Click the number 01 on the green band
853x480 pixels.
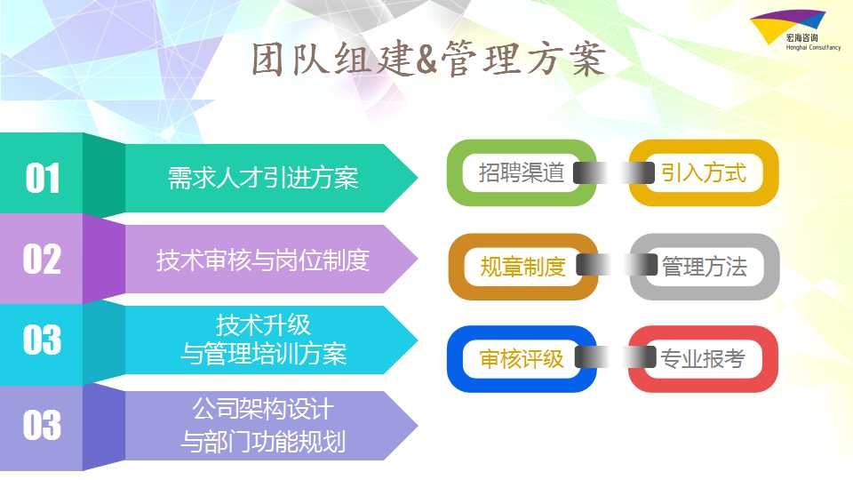(x=43, y=178)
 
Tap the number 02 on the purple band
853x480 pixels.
(x=42, y=259)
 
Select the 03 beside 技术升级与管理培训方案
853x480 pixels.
(x=42, y=340)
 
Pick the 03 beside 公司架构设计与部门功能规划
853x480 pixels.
(x=42, y=425)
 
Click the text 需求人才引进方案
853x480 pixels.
(x=263, y=178)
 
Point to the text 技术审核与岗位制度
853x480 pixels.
(x=263, y=260)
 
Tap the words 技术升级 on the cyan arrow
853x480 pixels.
(x=263, y=325)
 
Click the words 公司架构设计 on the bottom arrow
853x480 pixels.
(x=263, y=409)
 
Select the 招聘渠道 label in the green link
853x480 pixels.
(x=522, y=173)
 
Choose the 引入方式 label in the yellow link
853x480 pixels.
(x=704, y=173)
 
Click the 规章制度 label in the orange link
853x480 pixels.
(x=522, y=267)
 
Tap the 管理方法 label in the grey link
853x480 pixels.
(x=705, y=267)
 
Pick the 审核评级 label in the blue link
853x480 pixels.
(x=522, y=358)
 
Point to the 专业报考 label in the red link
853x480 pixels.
(x=703, y=358)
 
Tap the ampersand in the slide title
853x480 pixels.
(x=426, y=60)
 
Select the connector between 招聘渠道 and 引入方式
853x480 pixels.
(x=613, y=173)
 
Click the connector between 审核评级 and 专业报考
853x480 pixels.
(x=615, y=357)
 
